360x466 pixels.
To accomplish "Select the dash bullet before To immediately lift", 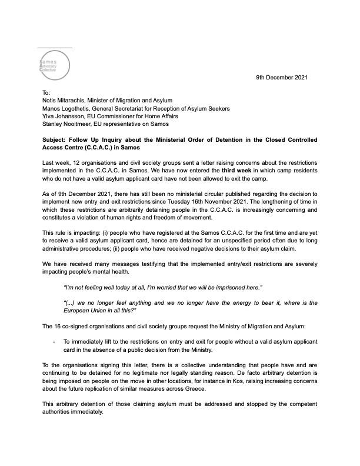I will pyautogui.click(x=54, y=341).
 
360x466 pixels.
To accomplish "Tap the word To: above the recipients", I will pyautogui.click(x=47, y=94).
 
